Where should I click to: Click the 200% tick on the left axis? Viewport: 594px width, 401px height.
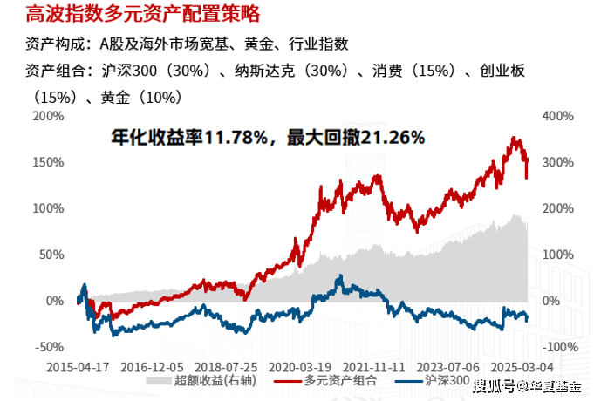pyautogui.click(x=49, y=116)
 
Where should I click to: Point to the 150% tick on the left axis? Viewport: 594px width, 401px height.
pyautogui.click(x=49, y=162)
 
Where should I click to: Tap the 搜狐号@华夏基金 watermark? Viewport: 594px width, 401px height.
pyautogui.click(x=531, y=384)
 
